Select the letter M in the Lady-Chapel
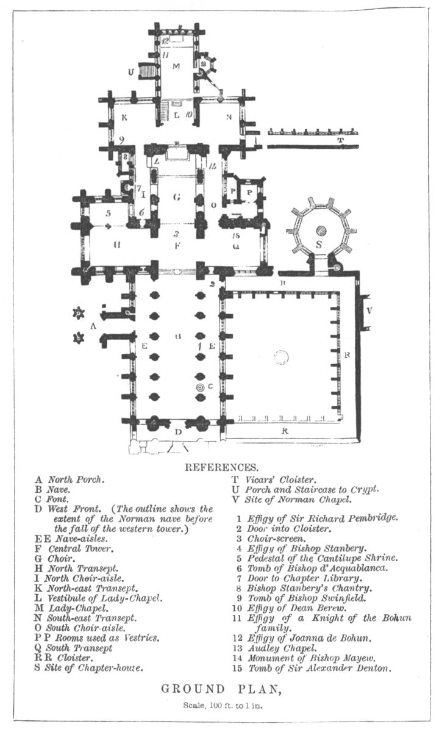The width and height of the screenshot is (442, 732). click(176, 65)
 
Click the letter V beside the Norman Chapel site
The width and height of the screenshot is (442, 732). click(368, 311)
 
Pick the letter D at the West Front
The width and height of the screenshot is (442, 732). click(177, 432)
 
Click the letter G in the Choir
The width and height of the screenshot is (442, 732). click(176, 197)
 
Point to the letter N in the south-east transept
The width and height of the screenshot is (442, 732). click(229, 117)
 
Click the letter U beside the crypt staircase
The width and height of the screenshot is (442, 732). click(131, 72)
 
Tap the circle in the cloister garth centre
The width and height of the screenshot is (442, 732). click(281, 357)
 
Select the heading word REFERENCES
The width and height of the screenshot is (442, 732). click(221, 468)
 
